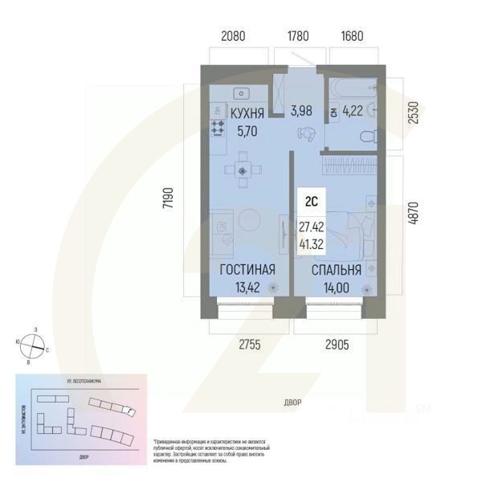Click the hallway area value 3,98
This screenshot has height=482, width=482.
[301, 110]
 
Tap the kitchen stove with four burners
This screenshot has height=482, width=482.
[218, 126]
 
